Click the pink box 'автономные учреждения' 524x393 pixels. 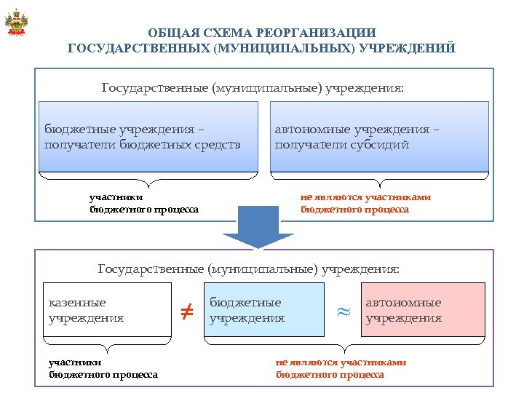pyautogui.click(x=422, y=309)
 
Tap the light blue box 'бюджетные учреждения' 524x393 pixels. pyautogui.click(x=263, y=309)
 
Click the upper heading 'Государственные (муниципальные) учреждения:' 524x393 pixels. pyautogui.click(x=252, y=88)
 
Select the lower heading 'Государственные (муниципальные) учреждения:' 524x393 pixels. pyautogui.click(x=249, y=269)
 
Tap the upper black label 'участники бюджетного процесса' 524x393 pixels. pyautogui.click(x=143, y=203)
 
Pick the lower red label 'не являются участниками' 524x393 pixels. pyautogui.click(x=341, y=362)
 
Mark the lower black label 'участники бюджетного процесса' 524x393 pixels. pyautogui.click(x=103, y=368)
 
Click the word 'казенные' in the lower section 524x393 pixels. pyautogui.click(x=77, y=302)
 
